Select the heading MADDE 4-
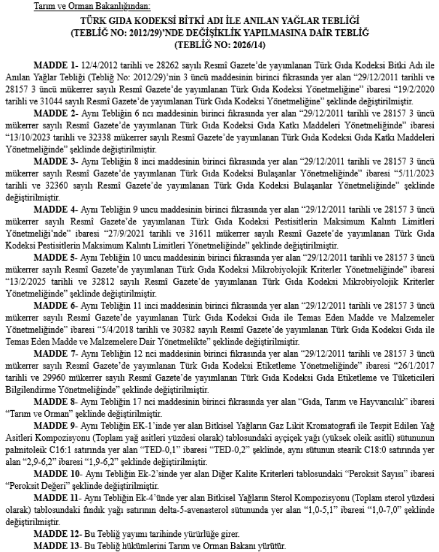[54, 224]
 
